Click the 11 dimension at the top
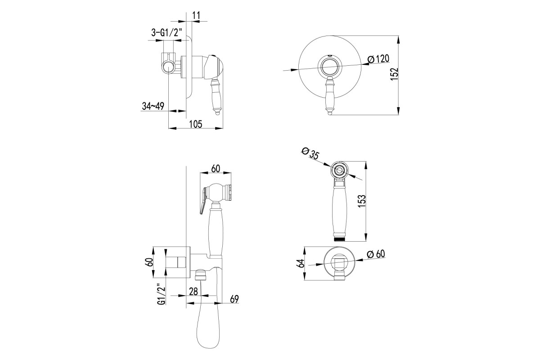point(197,15)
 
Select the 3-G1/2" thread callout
point(166,32)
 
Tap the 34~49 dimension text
point(153,106)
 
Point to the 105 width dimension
point(195,124)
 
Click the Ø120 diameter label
point(378,59)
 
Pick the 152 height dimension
point(394,74)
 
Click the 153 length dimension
point(362,201)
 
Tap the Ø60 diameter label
point(376,254)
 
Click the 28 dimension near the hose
point(193,291)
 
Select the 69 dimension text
point(234,299)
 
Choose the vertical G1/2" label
point(162,294)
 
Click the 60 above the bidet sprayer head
point(216,169)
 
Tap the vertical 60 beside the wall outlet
point(149,262)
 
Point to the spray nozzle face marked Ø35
point(339,171)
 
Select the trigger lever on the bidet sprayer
point(203,200)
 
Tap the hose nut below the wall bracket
point(201,274)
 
